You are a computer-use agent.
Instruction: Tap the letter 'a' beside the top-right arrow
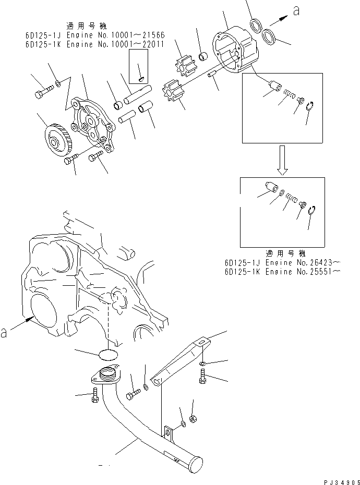pos(297,11)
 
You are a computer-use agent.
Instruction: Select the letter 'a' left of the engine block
pos(5,332)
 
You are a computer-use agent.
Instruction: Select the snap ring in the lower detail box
pos(312,211)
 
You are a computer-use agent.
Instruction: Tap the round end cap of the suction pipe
pos(197,466)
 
